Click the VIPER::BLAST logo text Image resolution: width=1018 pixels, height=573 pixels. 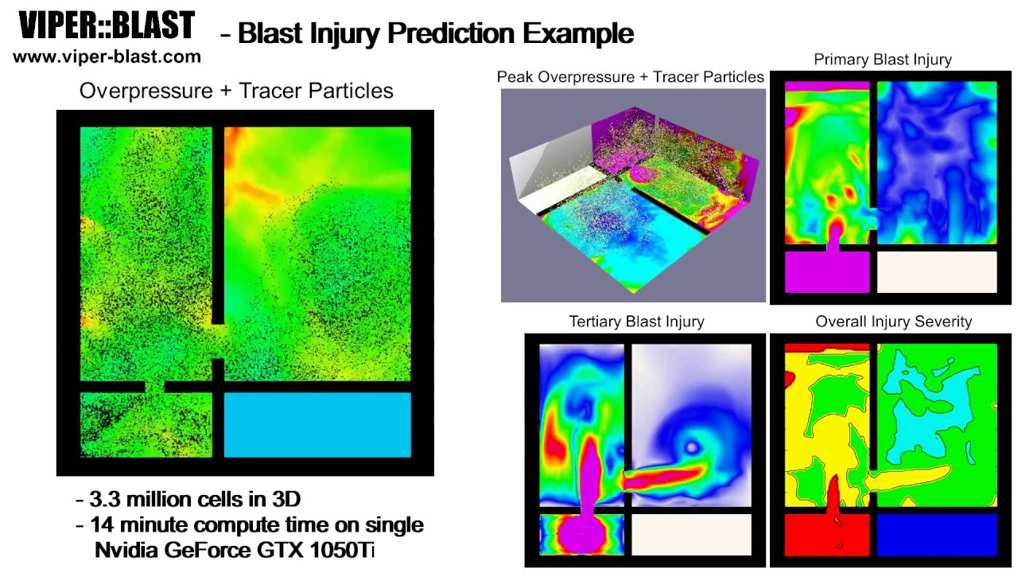click(x=107, y=26)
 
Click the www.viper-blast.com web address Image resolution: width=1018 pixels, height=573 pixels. click(x=107, y=57)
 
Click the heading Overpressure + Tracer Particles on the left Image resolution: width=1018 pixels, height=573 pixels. click(x=236, y=91)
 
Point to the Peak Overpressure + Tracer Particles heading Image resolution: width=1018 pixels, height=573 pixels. click(x=630, y=77)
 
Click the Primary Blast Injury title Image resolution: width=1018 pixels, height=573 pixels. click(x=882, y=60)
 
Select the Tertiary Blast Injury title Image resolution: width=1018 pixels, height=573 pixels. click(x=636, y=322)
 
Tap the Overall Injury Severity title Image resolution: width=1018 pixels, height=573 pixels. click(x=893, y=322)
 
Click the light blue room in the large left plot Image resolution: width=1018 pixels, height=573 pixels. click(x=317, y=424)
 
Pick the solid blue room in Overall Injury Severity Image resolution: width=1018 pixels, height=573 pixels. click(x=936, y=534)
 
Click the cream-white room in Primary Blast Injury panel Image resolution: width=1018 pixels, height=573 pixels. click(x=936, y=272)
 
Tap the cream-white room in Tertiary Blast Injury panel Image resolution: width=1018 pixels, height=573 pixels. click(x=690, y=534)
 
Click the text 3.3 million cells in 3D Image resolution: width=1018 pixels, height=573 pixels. click(x=195, y=500)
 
